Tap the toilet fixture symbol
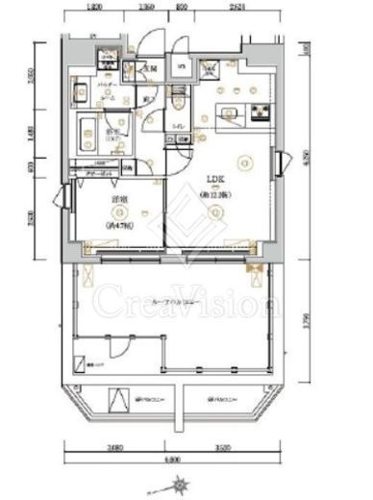tap(179, 101)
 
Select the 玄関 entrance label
tap(150, 68)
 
